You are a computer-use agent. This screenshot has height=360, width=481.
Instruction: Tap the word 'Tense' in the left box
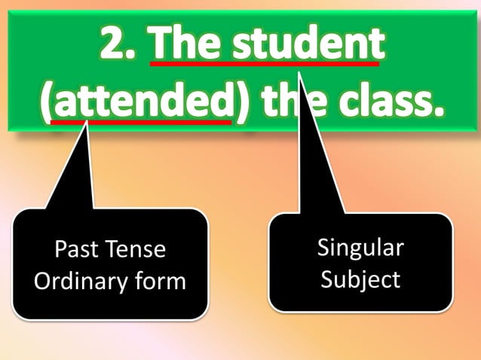point(136,249)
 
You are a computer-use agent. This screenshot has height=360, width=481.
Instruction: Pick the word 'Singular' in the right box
point(360,248)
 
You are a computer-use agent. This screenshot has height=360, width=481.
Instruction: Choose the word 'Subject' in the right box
point(360,279)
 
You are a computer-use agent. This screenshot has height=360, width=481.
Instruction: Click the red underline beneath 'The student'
point(264,64)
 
